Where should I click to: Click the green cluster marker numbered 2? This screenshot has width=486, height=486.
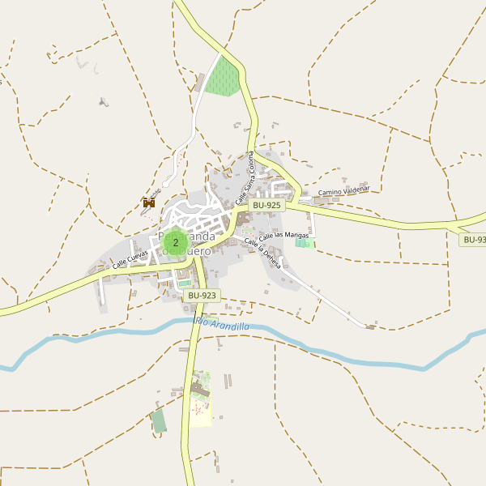[175, 241]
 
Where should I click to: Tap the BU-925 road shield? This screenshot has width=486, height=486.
[266, 206]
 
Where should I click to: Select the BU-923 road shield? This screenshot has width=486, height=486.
[202, 296]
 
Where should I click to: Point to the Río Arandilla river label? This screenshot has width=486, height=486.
[221, 325]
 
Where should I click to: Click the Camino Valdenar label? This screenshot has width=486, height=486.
[343, 191]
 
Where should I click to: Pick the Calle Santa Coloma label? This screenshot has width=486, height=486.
[245, 177]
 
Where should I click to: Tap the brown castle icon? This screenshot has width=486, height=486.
[148, 203]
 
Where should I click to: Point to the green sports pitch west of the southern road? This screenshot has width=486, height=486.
[159, 421]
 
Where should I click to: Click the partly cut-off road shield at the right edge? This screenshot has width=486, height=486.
[473, 240]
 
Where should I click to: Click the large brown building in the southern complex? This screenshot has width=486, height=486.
[199, 391]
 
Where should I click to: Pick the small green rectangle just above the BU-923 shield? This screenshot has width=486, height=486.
[185, 283]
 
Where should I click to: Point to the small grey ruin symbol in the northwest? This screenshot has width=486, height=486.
[103, 102]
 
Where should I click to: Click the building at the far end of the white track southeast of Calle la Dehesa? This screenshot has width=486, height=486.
[370, 327]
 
